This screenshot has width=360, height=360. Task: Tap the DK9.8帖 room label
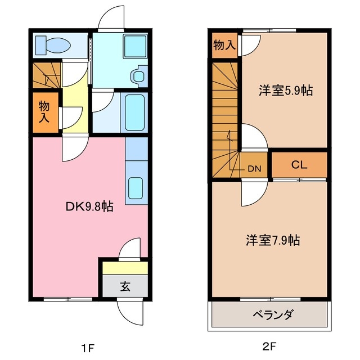pyautogui.click(x=89, y=206)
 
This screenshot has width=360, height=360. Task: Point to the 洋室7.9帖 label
pyautogui.click(x=272, y=240)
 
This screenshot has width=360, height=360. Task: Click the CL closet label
pyautogui.click(x=299, y=165)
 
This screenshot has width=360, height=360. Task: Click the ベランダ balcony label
pyautogui.click(x=269, y=314)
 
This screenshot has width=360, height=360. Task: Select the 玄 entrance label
pyautogui.click(x=124, y=286)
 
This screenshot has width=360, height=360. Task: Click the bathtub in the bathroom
pyautogui.click(x=134, y=113)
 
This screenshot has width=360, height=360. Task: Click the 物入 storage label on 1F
pyautogui.click(x=44, y=111)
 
